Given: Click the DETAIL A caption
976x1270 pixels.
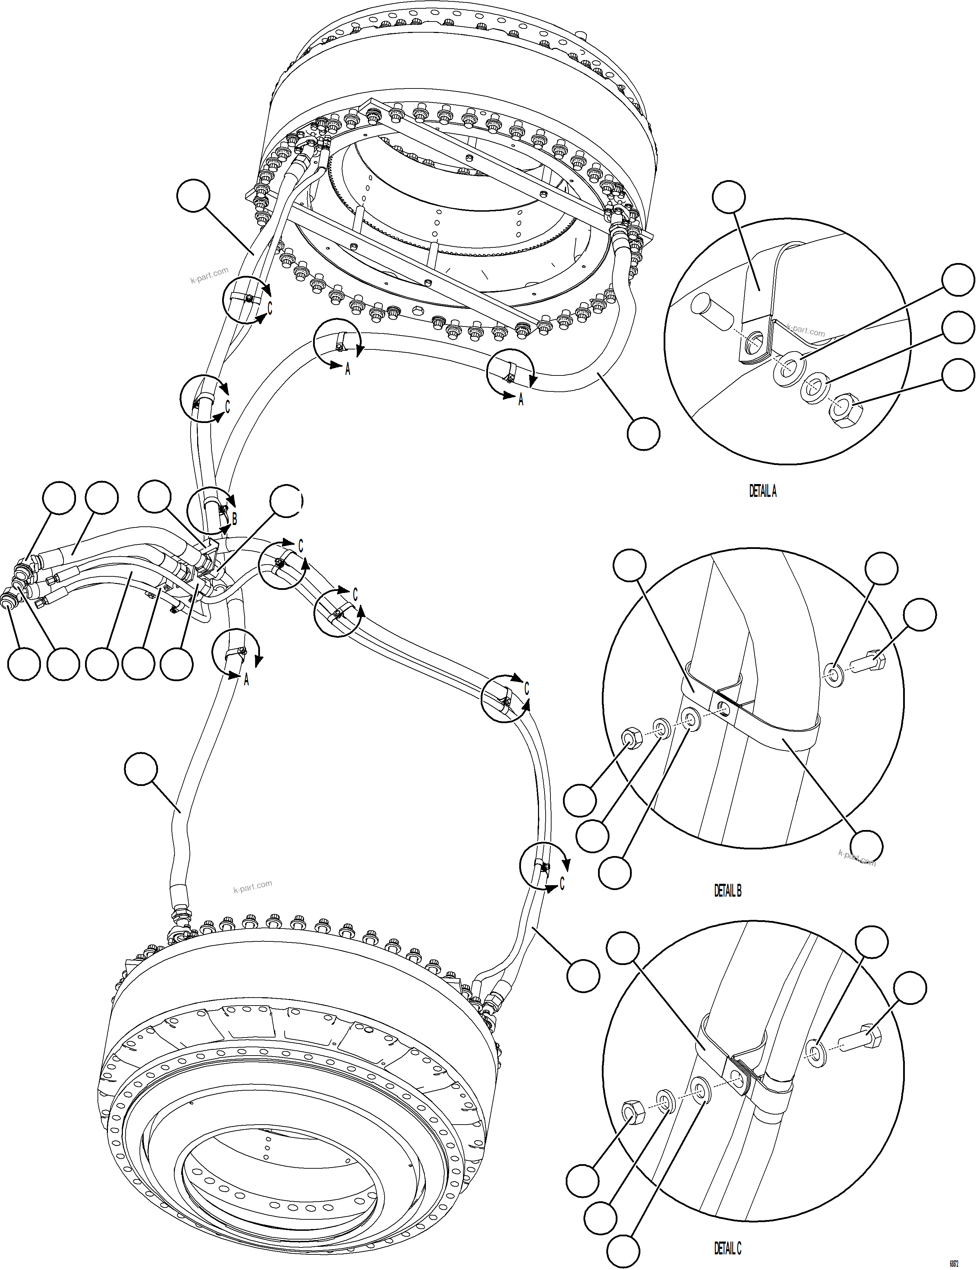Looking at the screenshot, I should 762,491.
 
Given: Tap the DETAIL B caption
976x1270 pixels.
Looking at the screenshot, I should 727,891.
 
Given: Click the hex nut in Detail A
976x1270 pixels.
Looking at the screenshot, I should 841,411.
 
